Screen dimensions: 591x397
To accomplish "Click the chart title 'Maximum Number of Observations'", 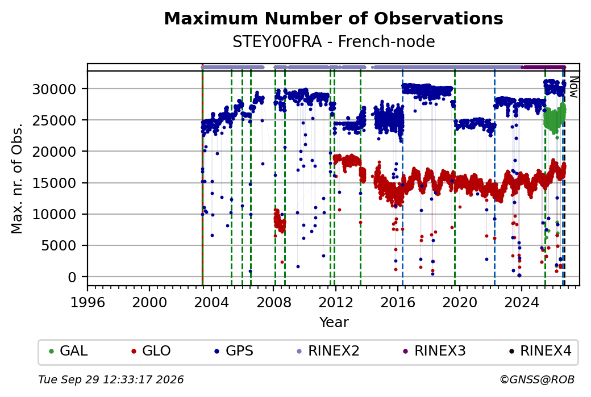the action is [334, 18].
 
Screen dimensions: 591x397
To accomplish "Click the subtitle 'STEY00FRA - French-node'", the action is [334, 41].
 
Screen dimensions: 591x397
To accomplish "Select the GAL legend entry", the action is [69, 351].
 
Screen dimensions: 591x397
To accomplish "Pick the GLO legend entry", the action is [151, 351].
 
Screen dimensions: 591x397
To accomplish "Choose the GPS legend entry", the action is [234, 351].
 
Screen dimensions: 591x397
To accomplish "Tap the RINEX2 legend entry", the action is [328, 351].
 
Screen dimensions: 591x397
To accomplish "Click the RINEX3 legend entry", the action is [435, 351].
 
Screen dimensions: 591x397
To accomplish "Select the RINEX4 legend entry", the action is [540, 351].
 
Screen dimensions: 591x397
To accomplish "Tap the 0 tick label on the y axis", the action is [72, 278].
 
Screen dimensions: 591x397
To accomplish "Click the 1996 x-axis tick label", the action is [88, 302].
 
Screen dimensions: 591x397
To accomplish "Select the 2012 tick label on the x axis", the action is [335, 302].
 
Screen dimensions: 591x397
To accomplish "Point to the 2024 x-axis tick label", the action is [522, 302].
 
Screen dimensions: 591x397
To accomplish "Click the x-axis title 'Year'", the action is [334, 323].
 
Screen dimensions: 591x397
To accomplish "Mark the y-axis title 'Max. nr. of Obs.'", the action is [17, 178].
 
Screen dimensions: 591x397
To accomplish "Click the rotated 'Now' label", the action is [573, 87].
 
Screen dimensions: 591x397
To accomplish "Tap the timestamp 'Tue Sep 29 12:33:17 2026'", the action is [111, 379].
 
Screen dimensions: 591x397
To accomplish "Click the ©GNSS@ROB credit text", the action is [537, 379].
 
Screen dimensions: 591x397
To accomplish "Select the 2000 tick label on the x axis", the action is [149, 302].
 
